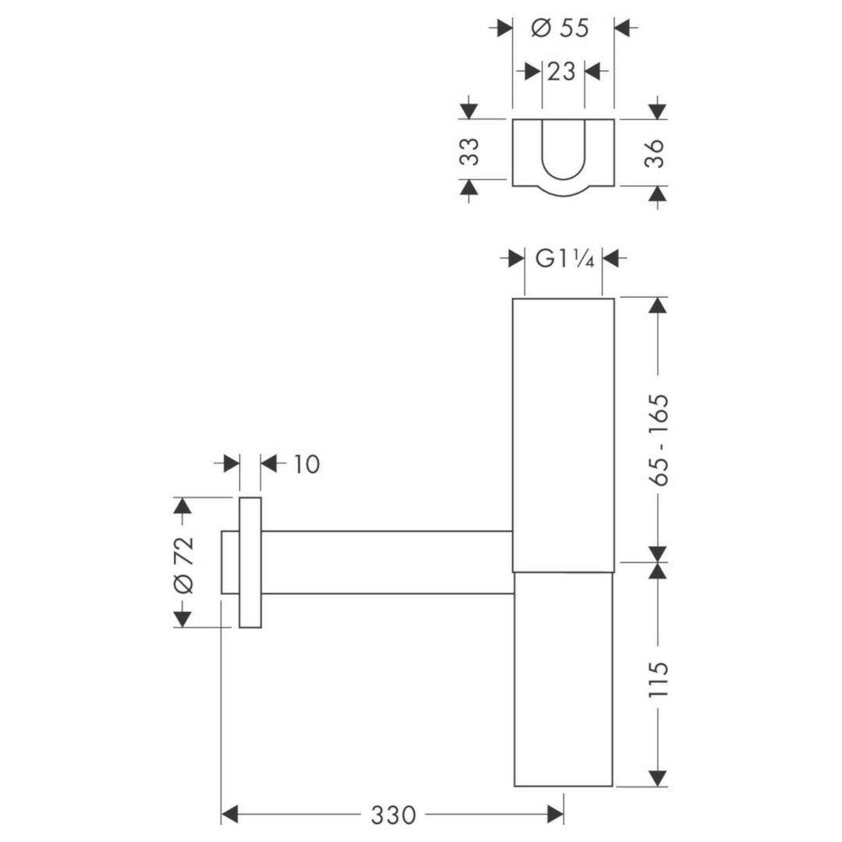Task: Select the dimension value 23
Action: pos(561,71)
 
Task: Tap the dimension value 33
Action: pos(470,152)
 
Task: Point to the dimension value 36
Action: pos(655,153)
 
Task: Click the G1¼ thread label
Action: pos(564,260)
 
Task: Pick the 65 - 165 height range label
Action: pos(659,440)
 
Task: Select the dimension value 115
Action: pos(659,679)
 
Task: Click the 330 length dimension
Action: pos(393,815)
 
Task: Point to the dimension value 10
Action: pos(306,464)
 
